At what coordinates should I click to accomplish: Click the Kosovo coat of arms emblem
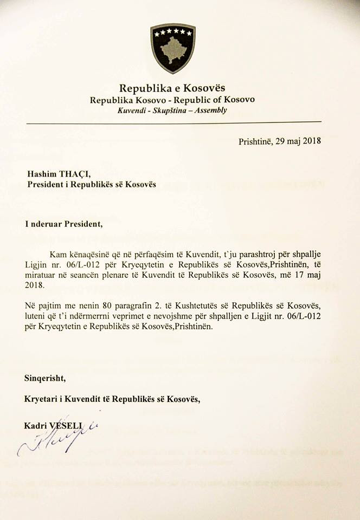(x=172, y=48)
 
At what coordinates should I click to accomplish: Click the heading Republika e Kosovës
(x=172, y=88)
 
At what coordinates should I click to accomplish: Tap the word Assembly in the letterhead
(x=214, y=110)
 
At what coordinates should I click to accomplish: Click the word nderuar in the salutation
(x=49, y=222)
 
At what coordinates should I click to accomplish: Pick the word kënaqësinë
(x=87, y=254)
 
